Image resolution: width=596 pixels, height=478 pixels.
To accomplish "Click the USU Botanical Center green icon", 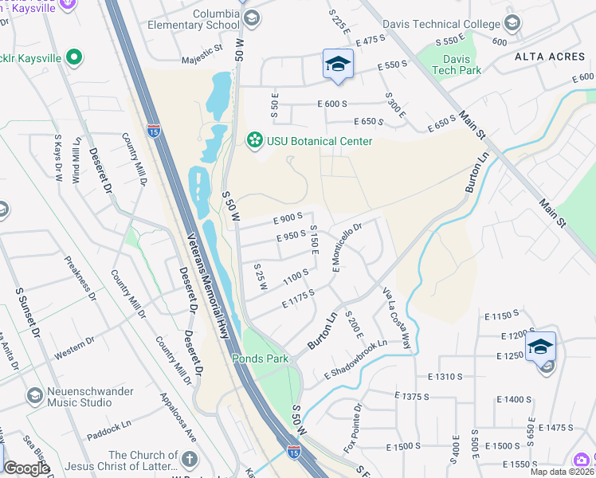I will (x=254, y=141).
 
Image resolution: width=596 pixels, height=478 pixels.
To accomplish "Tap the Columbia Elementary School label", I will (x=194, y=19).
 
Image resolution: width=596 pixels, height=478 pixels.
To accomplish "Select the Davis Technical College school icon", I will (x=511, y=22).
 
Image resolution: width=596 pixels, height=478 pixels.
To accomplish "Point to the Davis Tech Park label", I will (x=457, y=65).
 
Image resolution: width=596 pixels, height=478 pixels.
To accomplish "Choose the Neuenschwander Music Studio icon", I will (x=34, y=395).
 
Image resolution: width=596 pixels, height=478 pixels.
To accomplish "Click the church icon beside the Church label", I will (x=189, y=459).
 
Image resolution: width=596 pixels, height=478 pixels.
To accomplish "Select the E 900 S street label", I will (x=288, y=217).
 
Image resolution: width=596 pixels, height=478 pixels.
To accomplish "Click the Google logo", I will (x=27, y=468).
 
